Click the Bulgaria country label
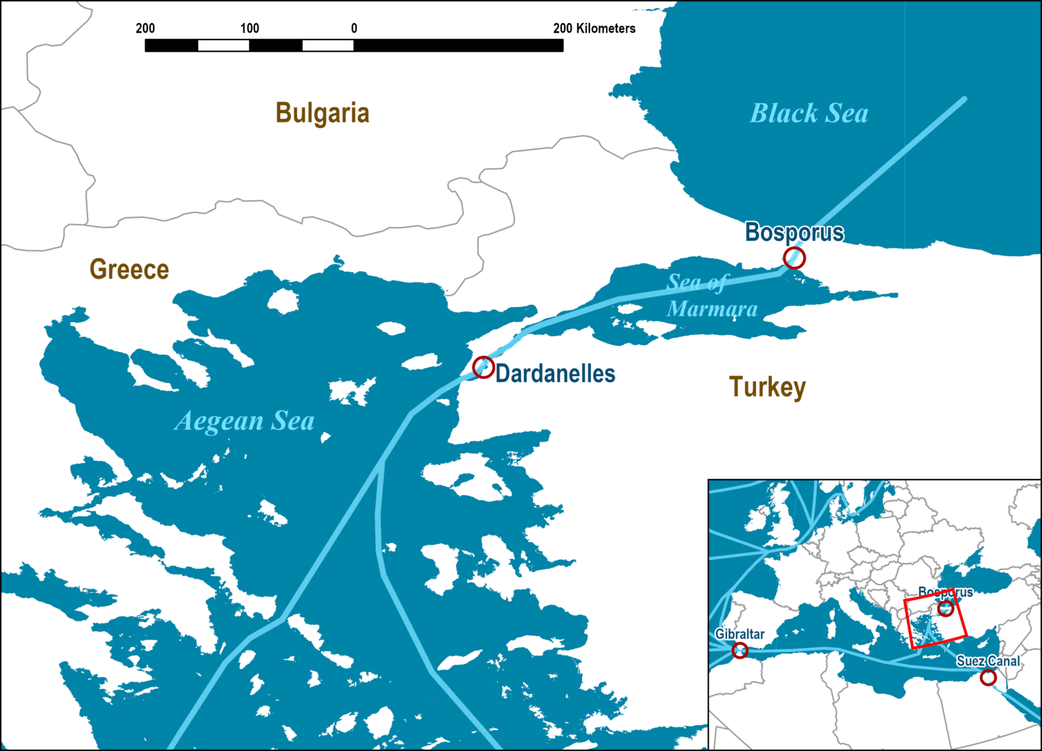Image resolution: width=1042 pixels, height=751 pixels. (x=322, y=113)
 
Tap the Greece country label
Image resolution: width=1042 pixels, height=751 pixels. (x=129, y=270)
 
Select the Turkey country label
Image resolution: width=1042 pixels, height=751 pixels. (x=767, y=387)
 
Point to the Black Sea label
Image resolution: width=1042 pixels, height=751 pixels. (x=809, y=113)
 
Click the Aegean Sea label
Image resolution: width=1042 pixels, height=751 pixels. (x=245, y=421)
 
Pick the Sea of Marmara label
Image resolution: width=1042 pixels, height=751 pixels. (x=712, y=295)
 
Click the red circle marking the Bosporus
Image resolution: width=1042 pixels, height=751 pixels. (x=794, y=258)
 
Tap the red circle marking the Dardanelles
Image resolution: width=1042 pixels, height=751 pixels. (x=483, y=367)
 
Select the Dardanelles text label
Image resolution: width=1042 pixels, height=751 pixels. (x=555, y=373)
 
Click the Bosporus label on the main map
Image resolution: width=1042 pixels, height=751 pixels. (x=794, y=232)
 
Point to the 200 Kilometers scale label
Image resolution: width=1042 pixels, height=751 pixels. (x=594, y=29)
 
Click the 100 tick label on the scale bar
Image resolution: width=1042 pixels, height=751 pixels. (x=250, y=29)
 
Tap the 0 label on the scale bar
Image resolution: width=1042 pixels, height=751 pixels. (x=354, y=29)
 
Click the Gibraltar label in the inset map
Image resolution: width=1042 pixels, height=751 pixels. (x=739, y=634)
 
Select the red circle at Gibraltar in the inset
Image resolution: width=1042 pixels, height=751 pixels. (x=740, y=651)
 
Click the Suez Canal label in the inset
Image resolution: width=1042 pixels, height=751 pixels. (x=988, y=661)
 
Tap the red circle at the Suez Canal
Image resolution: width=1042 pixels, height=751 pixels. (x=988, y=677)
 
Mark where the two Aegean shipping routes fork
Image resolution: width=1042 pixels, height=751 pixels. (x=382, y=461)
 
